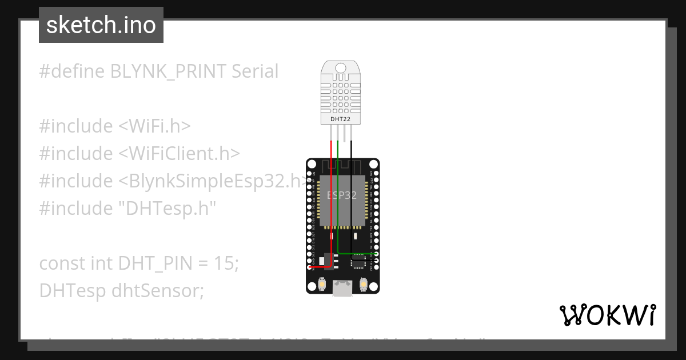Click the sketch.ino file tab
click(101, 25)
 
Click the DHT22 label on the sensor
click(341, 119)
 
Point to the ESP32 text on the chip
click(342, 195)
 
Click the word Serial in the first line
click(255, 71)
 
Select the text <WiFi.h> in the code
click(155, 126)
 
